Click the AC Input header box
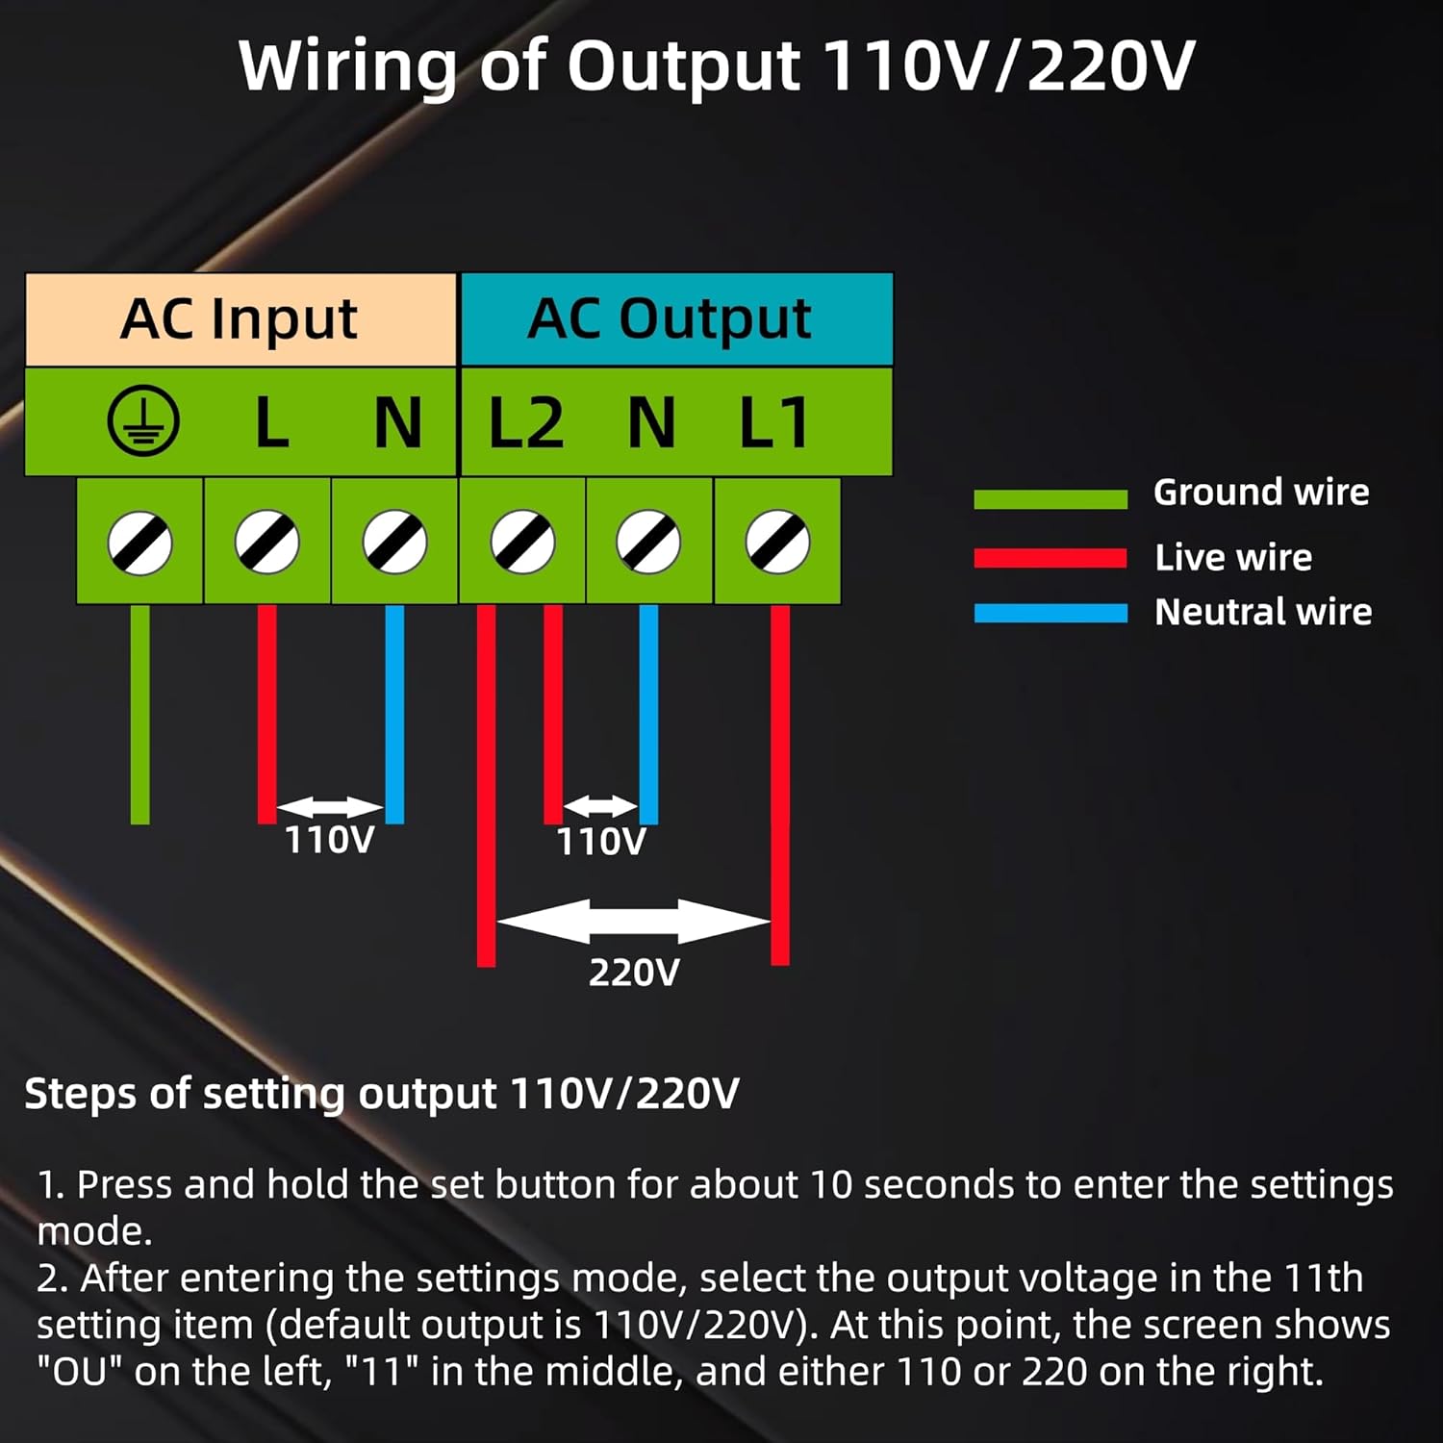[x=240, y=319]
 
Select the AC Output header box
[x=676, y=319]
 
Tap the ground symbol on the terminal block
[x=143, y=421]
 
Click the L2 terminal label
[x=525, y=423]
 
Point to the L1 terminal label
[x=772, y=423]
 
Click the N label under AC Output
[x=651, y=423]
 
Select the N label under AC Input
[x=397, y=423]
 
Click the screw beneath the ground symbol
[x=140, y=543]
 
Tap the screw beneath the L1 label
[x=777, y=543]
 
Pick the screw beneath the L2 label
[x=522, y=543]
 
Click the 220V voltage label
[x=634, y=973]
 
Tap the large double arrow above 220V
[x=633, y=922]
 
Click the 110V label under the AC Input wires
[x=329, y=840]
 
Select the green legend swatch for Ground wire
[x=1050, y=498]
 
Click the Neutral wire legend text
[x=1262, y=612]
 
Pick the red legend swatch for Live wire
[x=1050, y=558]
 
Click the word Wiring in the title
[x=346, y=67]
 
